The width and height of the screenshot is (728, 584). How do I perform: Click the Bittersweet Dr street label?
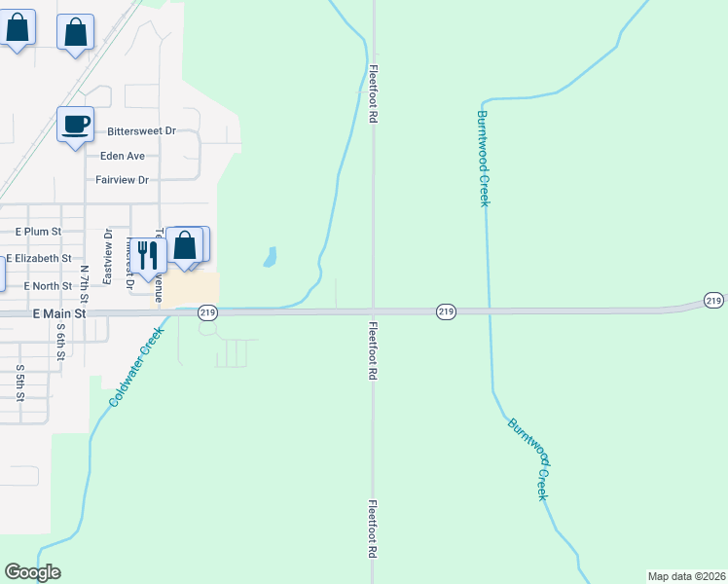tap(141, 130)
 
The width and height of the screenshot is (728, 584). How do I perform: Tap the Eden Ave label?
tap(122, 156)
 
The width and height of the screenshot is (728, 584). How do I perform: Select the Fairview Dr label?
tap(122, 180)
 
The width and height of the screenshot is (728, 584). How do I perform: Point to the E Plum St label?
tap(39, 232)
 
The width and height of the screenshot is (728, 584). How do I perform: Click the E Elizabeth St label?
tap(39, 259)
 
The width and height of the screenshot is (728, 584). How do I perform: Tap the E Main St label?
tap(59, 314)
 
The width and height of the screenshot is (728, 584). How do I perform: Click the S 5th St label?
tap(20, 383)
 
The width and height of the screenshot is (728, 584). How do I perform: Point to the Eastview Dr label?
tap(107, 256)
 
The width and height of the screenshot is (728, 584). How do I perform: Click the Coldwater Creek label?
tap(134, 368)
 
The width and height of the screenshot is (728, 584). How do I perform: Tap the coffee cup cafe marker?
tap(75, 126)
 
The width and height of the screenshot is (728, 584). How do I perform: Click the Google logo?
tap(32, 572)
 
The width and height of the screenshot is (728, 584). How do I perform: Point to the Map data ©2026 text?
tap(686, 576)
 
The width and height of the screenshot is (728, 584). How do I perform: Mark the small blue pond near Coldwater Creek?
tap(270, 257)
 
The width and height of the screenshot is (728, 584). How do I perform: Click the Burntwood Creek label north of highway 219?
tap(482, 158)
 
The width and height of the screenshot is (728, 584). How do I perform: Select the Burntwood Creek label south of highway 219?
tap(530, 458)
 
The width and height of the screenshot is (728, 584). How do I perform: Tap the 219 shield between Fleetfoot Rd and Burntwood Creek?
tap(446, 311)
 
